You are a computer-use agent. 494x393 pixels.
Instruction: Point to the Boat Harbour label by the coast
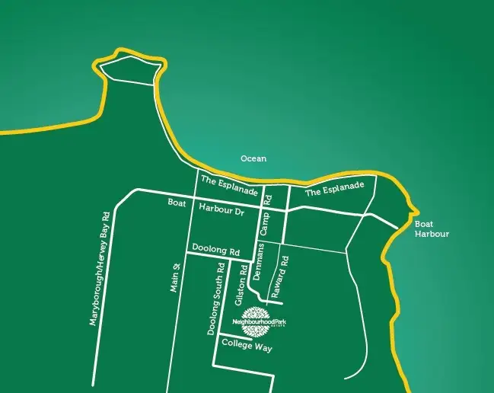[432, 229]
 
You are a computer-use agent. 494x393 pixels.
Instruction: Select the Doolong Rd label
[215, 251]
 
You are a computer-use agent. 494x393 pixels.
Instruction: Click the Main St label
[174, 277]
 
